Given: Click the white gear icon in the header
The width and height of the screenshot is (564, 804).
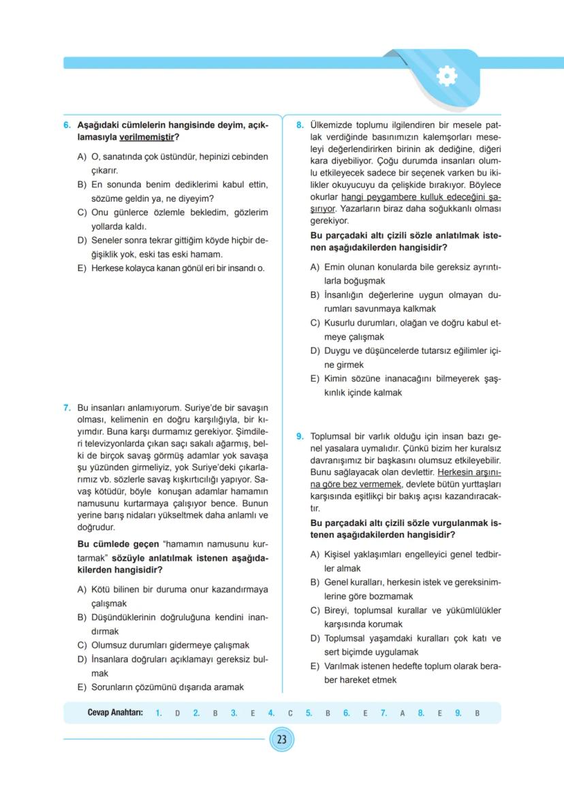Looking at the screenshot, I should point(446,76).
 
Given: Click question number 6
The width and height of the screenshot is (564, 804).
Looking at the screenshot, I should point(67,125).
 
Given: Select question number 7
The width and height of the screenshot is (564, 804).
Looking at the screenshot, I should point(67,407).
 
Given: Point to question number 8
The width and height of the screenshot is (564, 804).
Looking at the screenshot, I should point(300,125).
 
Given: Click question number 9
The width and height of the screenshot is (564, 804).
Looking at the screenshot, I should point(300,436).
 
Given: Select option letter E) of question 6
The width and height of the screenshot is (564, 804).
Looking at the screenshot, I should point(82,268).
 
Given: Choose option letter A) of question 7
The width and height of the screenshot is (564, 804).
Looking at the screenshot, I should point(82,589).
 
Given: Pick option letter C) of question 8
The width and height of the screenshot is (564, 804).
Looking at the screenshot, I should point(315,323).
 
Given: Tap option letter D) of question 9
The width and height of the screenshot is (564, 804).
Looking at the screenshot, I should point(315,638).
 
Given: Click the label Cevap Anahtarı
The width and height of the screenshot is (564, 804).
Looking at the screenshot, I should point(115,713).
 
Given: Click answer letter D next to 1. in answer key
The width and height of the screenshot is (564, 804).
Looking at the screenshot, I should point(177,713).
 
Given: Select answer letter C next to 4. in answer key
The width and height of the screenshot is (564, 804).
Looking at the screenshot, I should point(289,713).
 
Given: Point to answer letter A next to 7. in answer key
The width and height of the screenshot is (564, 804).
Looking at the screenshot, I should point(402,713).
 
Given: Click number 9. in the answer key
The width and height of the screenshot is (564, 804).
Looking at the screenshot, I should point(458,713).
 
